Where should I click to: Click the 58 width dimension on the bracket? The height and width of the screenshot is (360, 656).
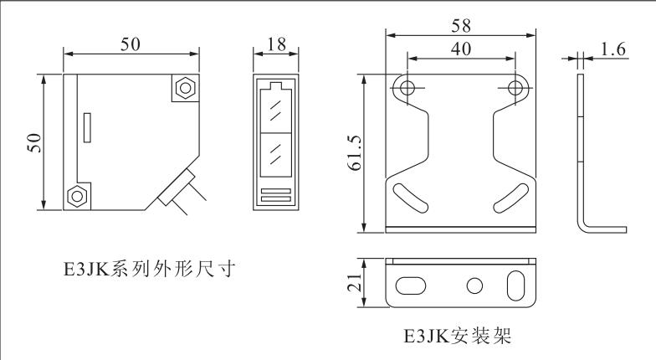tap(460, 26)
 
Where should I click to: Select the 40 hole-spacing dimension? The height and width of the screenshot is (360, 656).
tap(460, 49)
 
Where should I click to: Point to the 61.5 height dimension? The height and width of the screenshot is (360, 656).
tap(355, 152)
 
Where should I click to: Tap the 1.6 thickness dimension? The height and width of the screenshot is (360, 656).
tap(612, 49)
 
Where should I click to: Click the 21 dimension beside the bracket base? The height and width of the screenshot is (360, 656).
tap(355, 283)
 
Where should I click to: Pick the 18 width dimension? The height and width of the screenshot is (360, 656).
tap(276, 44)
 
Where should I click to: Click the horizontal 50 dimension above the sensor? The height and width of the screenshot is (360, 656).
tap(131, 44)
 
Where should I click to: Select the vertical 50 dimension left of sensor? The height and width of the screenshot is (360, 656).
tap(33, 142)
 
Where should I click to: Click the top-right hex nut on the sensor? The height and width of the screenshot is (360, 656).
tap(184, 87)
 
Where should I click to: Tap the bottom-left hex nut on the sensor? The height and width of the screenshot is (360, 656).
tap(77, 196)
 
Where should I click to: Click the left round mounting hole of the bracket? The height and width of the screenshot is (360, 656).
tap(407, 88)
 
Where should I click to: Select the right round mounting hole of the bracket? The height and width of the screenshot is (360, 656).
tap(515, 88)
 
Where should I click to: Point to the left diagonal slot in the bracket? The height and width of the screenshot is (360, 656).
tap(411, 198)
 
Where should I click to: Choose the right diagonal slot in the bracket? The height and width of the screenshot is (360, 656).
tap(510, 198)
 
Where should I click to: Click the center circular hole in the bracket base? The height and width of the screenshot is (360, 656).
tap(474, 286)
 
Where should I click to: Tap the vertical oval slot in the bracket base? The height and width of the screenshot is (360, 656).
tap(515, 285)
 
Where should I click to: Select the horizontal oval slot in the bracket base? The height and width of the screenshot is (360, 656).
tap(410, 286)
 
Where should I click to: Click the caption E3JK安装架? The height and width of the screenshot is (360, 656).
tap(458, 335)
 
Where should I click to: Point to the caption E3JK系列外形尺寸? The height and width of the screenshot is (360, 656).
tap(149, 269)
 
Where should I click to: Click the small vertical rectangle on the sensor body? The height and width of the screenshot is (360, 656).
tap(87, 127)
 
